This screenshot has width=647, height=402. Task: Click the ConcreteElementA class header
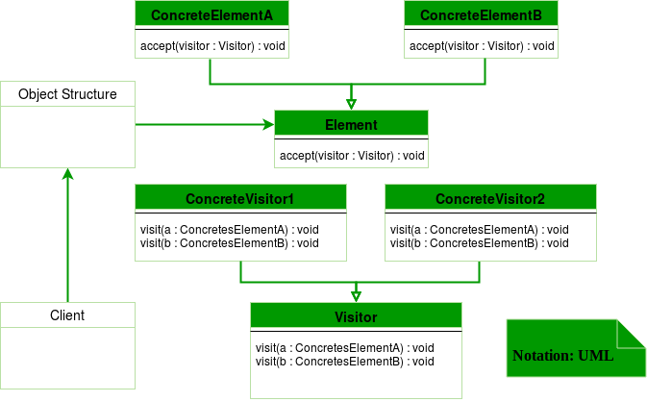(212, 16)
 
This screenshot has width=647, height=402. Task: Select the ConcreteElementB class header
(481, 16)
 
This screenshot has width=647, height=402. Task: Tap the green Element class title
(351, 125)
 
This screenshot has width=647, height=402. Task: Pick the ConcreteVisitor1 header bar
(239, 199)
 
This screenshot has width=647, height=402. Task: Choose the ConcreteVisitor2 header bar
(489, 199)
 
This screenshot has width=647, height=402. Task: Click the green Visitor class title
(356, 316)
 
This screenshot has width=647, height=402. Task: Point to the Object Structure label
(68, 94)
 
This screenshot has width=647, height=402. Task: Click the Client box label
(67, 315)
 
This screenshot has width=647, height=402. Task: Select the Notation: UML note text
(562, 355)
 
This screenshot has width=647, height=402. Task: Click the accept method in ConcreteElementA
(213, 45)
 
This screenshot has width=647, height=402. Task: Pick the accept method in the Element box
(352, 155)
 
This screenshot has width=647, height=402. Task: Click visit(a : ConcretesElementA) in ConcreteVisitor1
(229, 229)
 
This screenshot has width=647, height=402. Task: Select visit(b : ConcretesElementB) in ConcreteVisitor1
(229, 242)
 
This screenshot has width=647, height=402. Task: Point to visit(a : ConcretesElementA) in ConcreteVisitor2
(479, 229)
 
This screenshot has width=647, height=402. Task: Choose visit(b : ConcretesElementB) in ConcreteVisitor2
(479, 242)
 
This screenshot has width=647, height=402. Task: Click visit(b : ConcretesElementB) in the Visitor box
(344, 361)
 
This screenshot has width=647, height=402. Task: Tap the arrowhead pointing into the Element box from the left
(268, 125)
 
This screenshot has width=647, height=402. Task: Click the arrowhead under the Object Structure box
(67, 173)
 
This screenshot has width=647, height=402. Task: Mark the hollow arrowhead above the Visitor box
(356, 296)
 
